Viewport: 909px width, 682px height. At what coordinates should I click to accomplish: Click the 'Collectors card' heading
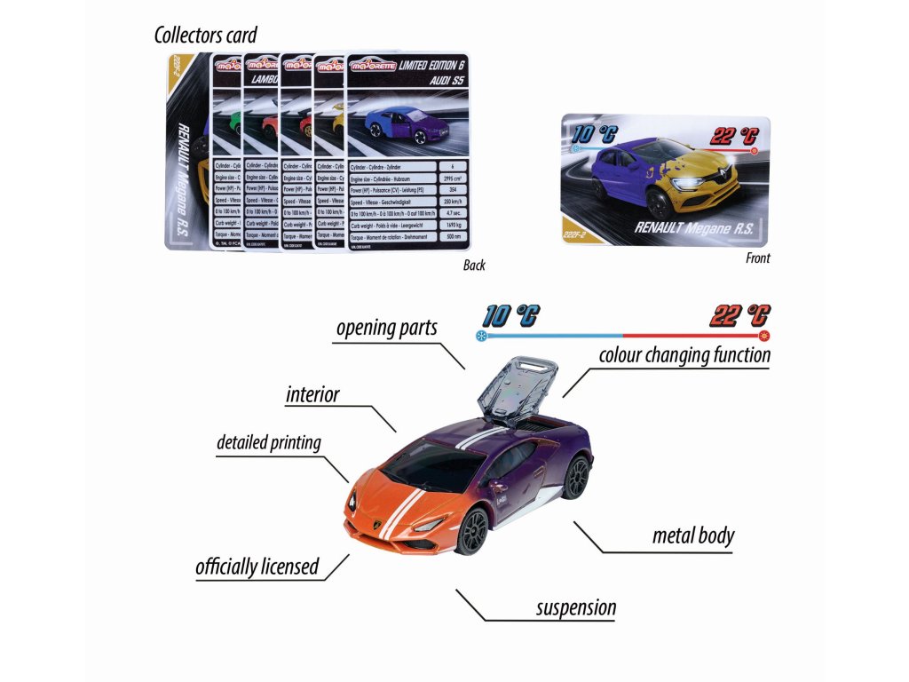205,36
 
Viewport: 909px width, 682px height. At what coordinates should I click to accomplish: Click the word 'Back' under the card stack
474,266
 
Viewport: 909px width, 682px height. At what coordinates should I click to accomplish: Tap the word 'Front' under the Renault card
757,258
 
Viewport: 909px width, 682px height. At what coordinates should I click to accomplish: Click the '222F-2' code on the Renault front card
579,234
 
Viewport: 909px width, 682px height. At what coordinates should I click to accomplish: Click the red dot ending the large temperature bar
763,337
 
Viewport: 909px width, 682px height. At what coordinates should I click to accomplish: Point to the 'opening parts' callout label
386,328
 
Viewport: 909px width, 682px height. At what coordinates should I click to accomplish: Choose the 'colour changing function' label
684,356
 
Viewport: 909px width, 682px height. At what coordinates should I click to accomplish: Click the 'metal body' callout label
692,535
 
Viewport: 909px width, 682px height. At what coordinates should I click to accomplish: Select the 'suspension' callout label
575,608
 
